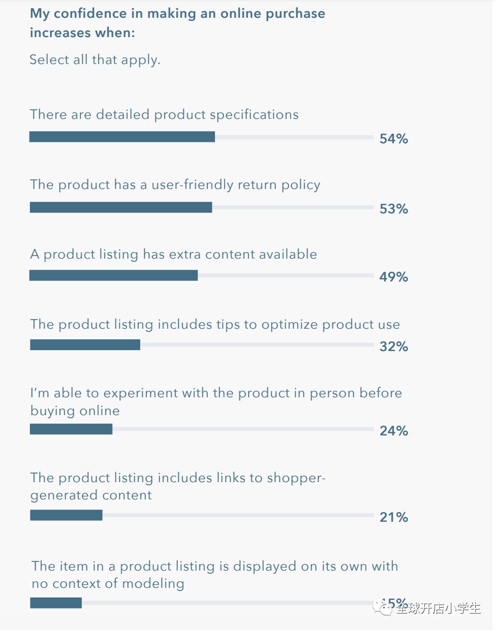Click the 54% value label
coord(393,139)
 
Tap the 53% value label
coord(393,209)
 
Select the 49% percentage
coord(393,277)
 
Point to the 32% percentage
coord(393,346)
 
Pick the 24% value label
coord(393,431)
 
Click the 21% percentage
coord(393,517)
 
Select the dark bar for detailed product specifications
coord(122,137)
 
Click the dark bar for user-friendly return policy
coord(121,207)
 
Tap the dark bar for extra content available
coord(113,275)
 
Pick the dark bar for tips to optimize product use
coord(85,345)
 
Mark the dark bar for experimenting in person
coord(71,429)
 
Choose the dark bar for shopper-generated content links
coord(66,515)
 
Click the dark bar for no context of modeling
coord(56,603)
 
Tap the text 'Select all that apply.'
coord(95,60)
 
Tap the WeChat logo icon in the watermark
coord(383,607)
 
